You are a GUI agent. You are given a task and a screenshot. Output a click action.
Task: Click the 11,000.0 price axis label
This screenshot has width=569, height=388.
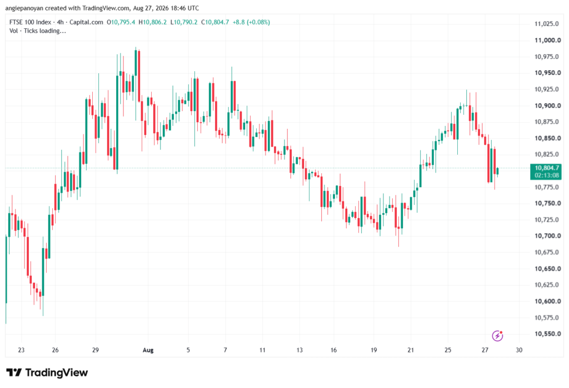[547, 41]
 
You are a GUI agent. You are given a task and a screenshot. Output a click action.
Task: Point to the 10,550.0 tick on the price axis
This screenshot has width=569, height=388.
[547, 334]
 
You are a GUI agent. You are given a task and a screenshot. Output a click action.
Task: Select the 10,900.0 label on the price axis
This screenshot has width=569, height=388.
[547, 105]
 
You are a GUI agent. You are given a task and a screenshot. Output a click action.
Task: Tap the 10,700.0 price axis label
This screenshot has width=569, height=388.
[547, 236]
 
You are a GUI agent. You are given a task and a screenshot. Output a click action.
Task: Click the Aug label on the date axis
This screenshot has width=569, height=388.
[148, 350]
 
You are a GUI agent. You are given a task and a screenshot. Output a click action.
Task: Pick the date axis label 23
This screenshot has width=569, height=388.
[21, 350]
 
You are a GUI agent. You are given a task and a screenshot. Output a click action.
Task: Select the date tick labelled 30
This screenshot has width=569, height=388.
[519, 350]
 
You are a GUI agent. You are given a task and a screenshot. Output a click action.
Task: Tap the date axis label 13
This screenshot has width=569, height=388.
[300, 350]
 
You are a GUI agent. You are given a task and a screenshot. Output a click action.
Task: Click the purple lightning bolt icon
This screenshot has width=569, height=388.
[497, 336]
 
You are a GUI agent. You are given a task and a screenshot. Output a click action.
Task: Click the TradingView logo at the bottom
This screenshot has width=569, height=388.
[47, 372]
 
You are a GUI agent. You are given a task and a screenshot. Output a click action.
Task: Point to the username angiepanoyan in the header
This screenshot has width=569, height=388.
[24, 8]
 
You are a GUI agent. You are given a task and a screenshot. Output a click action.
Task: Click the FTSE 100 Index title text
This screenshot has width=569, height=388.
[30, 22]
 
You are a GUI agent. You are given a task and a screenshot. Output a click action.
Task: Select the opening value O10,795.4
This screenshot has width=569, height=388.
[121, 22]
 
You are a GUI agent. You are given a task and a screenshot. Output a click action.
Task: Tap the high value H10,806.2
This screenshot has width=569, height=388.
[152, 22]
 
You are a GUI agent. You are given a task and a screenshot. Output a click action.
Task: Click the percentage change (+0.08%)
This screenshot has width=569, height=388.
[258, 22]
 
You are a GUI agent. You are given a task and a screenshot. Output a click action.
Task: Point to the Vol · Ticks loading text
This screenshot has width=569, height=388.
[38, 31]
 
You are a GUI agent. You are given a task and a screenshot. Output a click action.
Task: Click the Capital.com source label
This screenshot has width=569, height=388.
[86, 22]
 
